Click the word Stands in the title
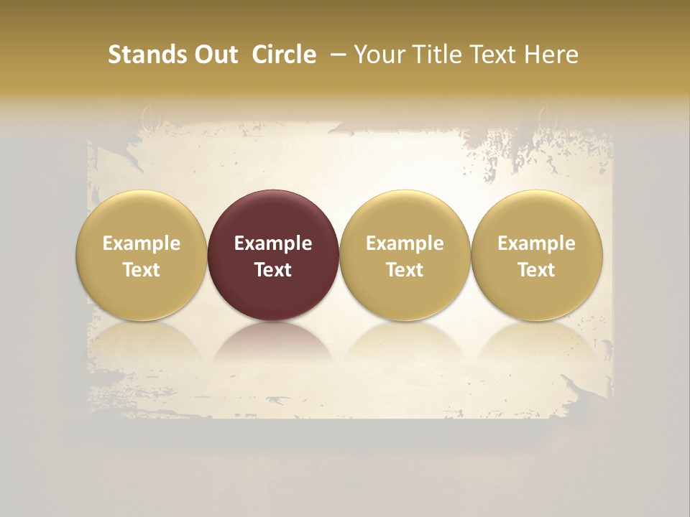[145, 55]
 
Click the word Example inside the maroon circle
[273, 243]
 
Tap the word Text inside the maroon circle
[273, 270]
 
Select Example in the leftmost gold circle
[142, 243]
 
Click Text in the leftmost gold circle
[142, 270]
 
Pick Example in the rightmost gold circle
[537, 243]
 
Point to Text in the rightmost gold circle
[537, 270]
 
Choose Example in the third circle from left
[405, 243]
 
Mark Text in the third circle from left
[405, 270]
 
